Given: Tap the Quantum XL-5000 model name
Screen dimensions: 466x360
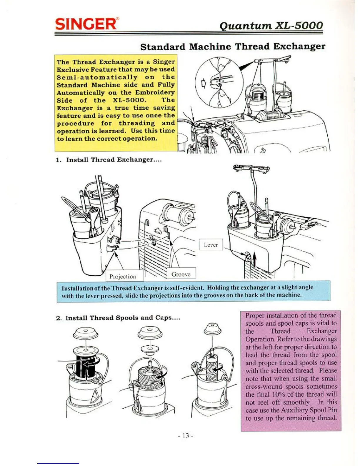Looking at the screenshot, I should pos(271,25).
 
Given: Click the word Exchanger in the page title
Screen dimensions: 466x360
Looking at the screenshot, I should pos(299,46).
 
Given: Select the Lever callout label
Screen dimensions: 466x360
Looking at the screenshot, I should pos(211,245).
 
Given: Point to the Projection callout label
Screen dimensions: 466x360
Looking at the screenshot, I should pos(123,276).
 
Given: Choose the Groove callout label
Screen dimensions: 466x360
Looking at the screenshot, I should pos(181,274).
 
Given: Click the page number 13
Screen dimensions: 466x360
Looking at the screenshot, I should pos(185,435).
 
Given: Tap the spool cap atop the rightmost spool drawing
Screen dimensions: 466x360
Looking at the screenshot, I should pos(212,329).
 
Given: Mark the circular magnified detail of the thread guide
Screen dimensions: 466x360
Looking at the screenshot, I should pos(219,82).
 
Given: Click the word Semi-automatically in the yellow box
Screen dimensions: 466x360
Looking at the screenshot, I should pos(97,77).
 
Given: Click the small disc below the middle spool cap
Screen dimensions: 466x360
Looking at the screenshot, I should pos(150,349).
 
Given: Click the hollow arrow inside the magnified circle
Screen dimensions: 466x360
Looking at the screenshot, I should pos(203,84).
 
